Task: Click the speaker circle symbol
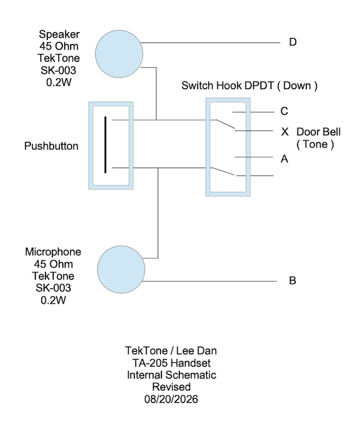pyautogui.click(x=119, y=54)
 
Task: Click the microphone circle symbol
pyautogui.click(x=121, y=269)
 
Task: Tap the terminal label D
pyautogui.click(x=293, y=42)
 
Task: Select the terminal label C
pyautogui.click(x=284, y=111)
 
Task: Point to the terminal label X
pyautogui.click(x=285, y=132)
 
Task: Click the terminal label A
pyautogui.click(x=285, y=159)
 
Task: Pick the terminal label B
pyautogui.click(x=292, y=281)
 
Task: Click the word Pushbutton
pyautogui.click(x=51, y=146)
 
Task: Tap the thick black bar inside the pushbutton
pyautogui.click(x=105, y=145)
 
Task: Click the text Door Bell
pyautogui.click(x=318, y=132)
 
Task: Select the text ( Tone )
pyautogui.click(x=315, y=144)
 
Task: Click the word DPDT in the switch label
pyautogui.click(x=259, y=86)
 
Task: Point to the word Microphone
pyautogui.click(x=53, y=252)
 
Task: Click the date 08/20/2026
pyautogui.click(x=171, y=399)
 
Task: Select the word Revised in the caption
pyautogui.click(x=172, y=387)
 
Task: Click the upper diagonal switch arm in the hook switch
pyautogui.click(x=225, y=124)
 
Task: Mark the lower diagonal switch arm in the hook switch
pyautogui.click(x=224, y=171)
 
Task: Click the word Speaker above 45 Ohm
pyautogui.click(x=59, y=34)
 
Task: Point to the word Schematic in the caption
pyautogui.click(x=191, y=375)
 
